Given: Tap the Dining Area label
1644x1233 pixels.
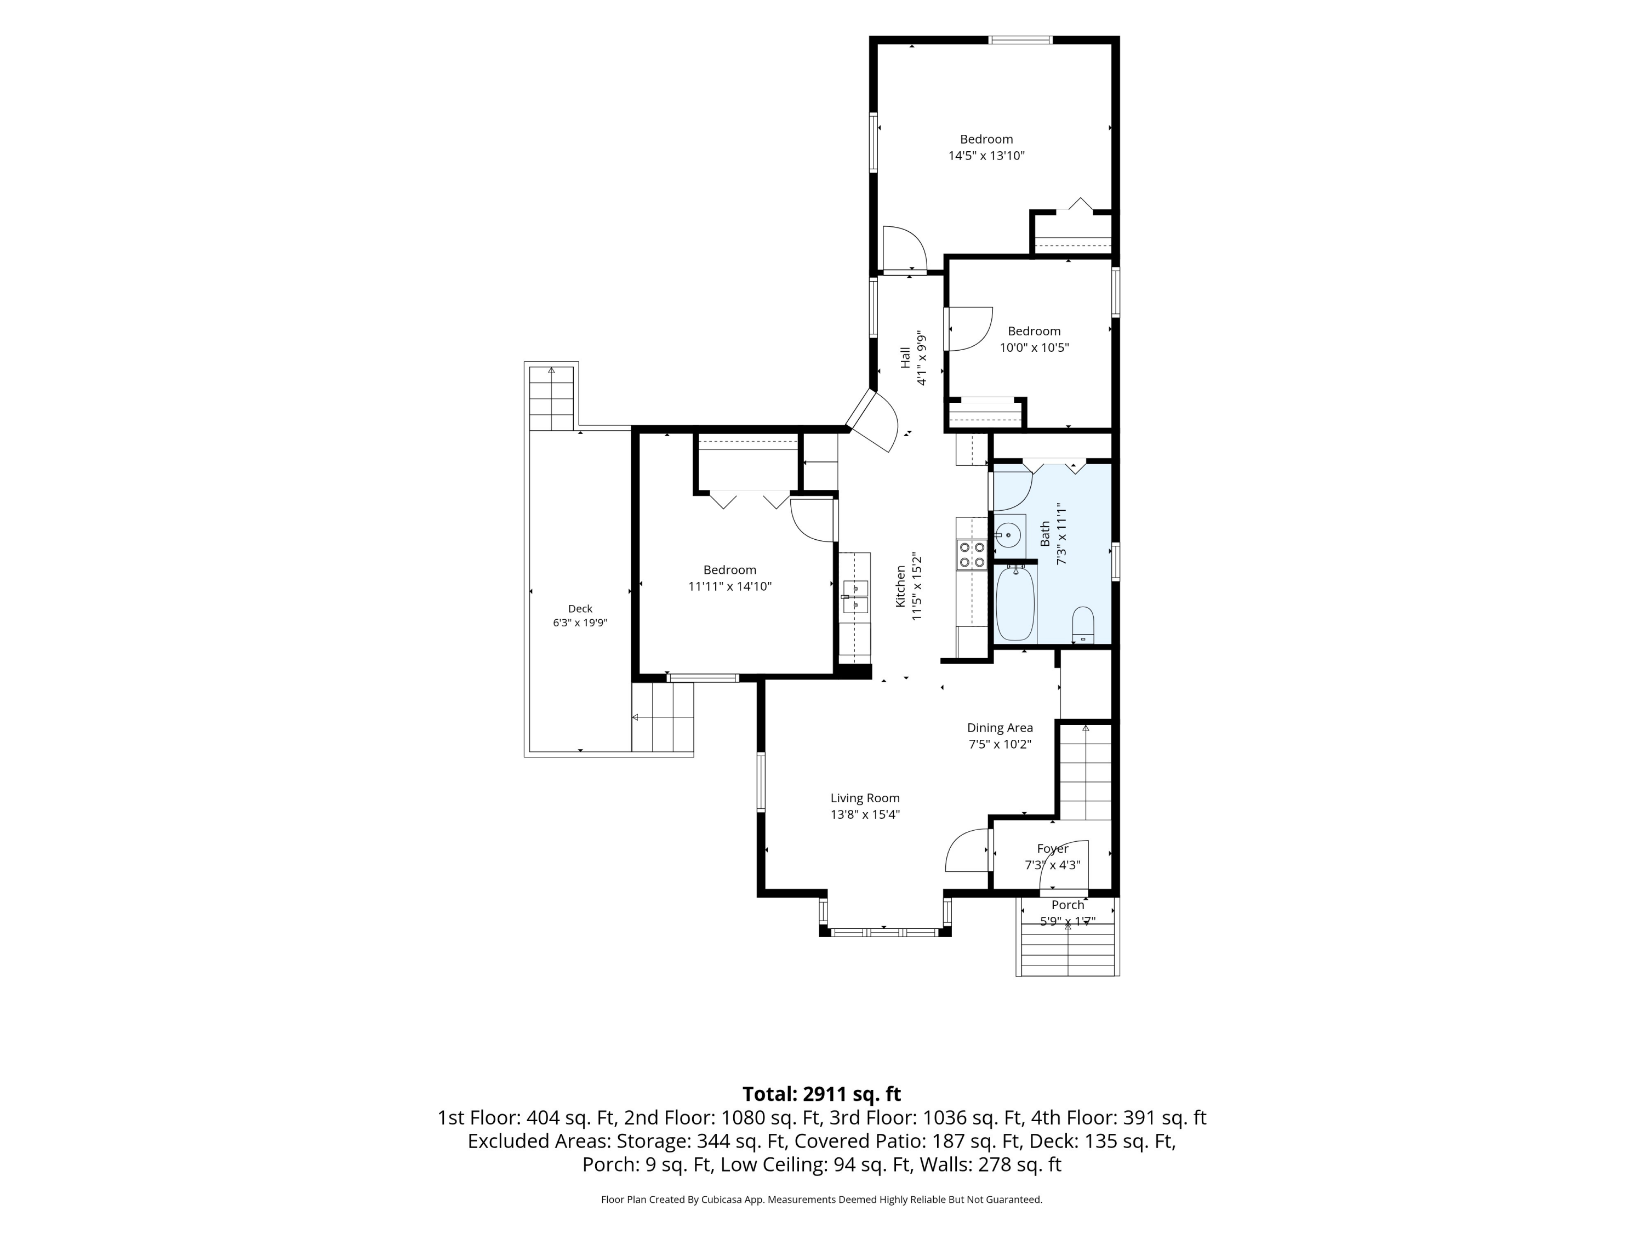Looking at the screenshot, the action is click(1000, 728).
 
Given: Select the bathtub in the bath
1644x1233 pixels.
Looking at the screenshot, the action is click(1014, 603).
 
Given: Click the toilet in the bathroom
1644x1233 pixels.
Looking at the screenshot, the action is click(1083, 624).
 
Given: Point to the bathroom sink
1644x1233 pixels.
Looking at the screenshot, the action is click(1008, 534).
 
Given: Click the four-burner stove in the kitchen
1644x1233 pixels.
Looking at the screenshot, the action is click(972, 555).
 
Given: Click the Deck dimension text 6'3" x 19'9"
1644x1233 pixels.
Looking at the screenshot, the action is click(580, 623).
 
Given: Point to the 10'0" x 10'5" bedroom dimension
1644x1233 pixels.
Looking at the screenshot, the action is click(1034, 347).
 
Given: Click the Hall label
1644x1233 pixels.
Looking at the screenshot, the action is click(905, 357).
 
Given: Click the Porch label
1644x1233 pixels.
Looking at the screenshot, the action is click(1068, 905).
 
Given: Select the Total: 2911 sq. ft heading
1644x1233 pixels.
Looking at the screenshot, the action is click(821, 1094).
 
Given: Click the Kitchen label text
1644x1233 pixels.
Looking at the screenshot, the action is click(900, 586).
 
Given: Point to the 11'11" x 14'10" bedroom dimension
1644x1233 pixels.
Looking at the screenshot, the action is click(730, 586).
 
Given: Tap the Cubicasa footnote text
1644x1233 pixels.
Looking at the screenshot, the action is click(821, 1200).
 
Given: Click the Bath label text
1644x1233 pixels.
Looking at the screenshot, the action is click(1045, 534).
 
